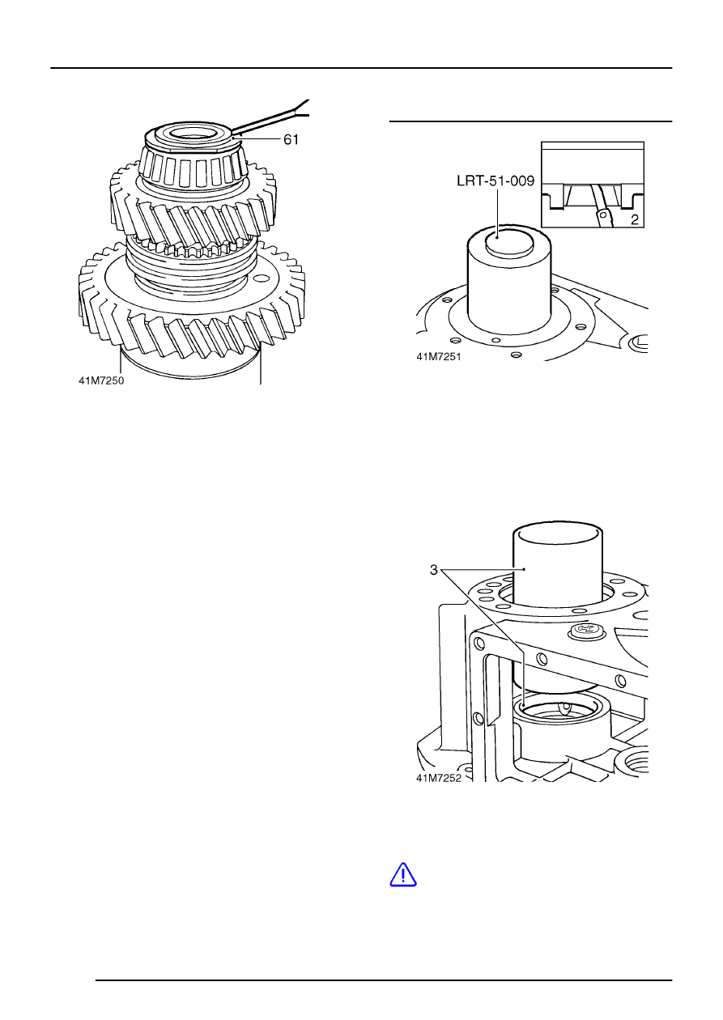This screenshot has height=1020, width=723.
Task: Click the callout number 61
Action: (291, 139)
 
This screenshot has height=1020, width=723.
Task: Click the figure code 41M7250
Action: (101, 380)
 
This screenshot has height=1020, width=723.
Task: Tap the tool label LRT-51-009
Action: (495, 181)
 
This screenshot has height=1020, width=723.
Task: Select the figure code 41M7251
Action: (439, 356)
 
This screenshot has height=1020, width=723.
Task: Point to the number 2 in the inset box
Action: (635, 219)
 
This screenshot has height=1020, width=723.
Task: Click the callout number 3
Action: (433, 570)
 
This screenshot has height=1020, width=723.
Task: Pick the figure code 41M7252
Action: (439, 778)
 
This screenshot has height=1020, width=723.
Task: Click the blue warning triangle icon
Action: (403, 874)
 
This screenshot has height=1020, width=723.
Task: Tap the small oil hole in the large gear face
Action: (262, 278)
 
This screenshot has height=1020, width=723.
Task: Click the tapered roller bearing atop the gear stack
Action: (194, 159)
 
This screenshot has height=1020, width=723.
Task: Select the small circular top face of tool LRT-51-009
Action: (509, 241)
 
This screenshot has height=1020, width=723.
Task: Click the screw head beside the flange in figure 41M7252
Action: (582, 631)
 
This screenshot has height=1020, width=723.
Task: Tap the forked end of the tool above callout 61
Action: (302, 108)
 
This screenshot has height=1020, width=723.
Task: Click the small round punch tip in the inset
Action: (604, 213)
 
